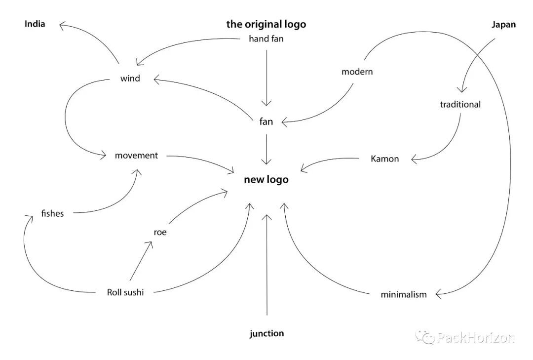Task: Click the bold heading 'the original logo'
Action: pos(266,24)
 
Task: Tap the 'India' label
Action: pos(35,24)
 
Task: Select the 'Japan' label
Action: pos(503,25)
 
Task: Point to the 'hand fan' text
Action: pos(266,39)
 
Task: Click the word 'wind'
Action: pos(130,78)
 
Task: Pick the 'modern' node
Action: pos(357,72)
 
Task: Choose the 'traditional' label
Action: pos(460,104)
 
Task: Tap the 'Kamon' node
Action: pos(384,159)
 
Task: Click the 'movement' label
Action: pos(136,156)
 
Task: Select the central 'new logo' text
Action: pos(266,180)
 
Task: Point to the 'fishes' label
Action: pos(53,214)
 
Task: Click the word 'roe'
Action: pos(160,232)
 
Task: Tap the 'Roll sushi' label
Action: pos(125,292)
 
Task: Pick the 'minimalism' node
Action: pos(403,295)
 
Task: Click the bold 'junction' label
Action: pos(266,333)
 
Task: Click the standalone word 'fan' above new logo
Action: pos(266,122)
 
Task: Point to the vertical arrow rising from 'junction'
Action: pos(266,267)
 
